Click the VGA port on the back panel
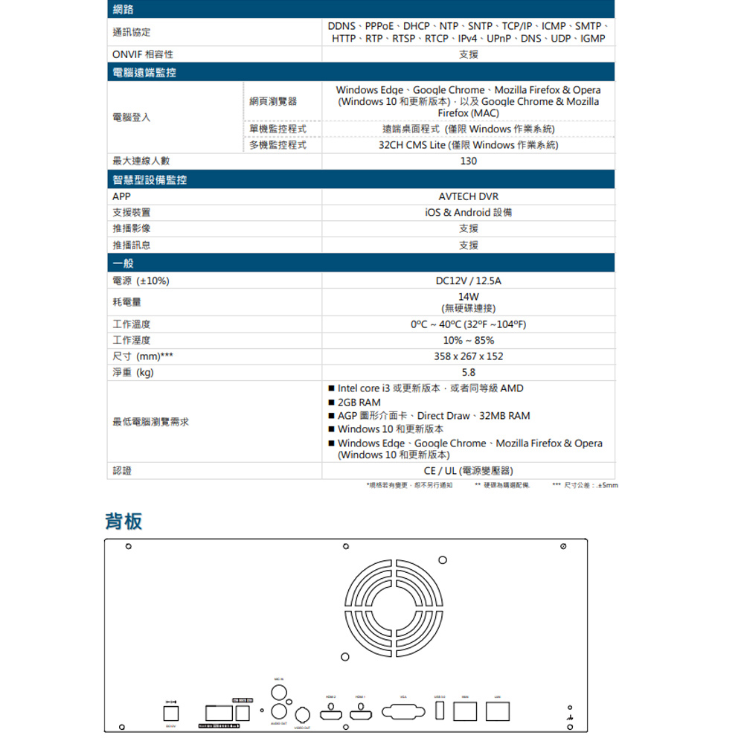pos(403,712)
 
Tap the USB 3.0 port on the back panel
pos(440,711)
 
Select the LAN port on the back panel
pos(497,711)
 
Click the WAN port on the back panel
pos(465,711)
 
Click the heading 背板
pos(124,521)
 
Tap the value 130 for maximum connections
pos(469,161)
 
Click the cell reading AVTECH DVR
pos(469,196)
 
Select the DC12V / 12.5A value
pos(469,281)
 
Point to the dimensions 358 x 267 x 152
pos(469,356)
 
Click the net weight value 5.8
pos(469,373)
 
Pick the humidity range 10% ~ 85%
pos(469,340)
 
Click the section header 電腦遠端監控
pos(145,72)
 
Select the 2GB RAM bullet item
pos(359,403)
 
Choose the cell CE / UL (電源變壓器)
pos(469,471)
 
